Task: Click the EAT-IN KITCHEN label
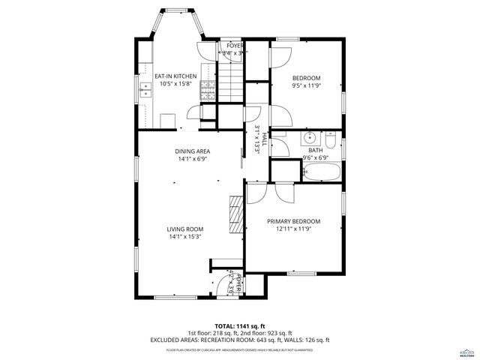tap(175, 76)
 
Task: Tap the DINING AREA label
tap(192, 151)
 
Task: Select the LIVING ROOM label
tap(186, 229)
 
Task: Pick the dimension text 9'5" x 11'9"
tap(306, 86)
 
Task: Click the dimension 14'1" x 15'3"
tap(186, 237)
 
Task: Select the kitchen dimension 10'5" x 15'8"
tap(175, 83)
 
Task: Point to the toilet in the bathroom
tap(331, 139)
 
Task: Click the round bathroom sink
tap(309, 139)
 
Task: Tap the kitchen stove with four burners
tap(208, 91)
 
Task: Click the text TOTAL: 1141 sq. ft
tap(239, 325)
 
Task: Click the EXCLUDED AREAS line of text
tap(239, 340)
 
